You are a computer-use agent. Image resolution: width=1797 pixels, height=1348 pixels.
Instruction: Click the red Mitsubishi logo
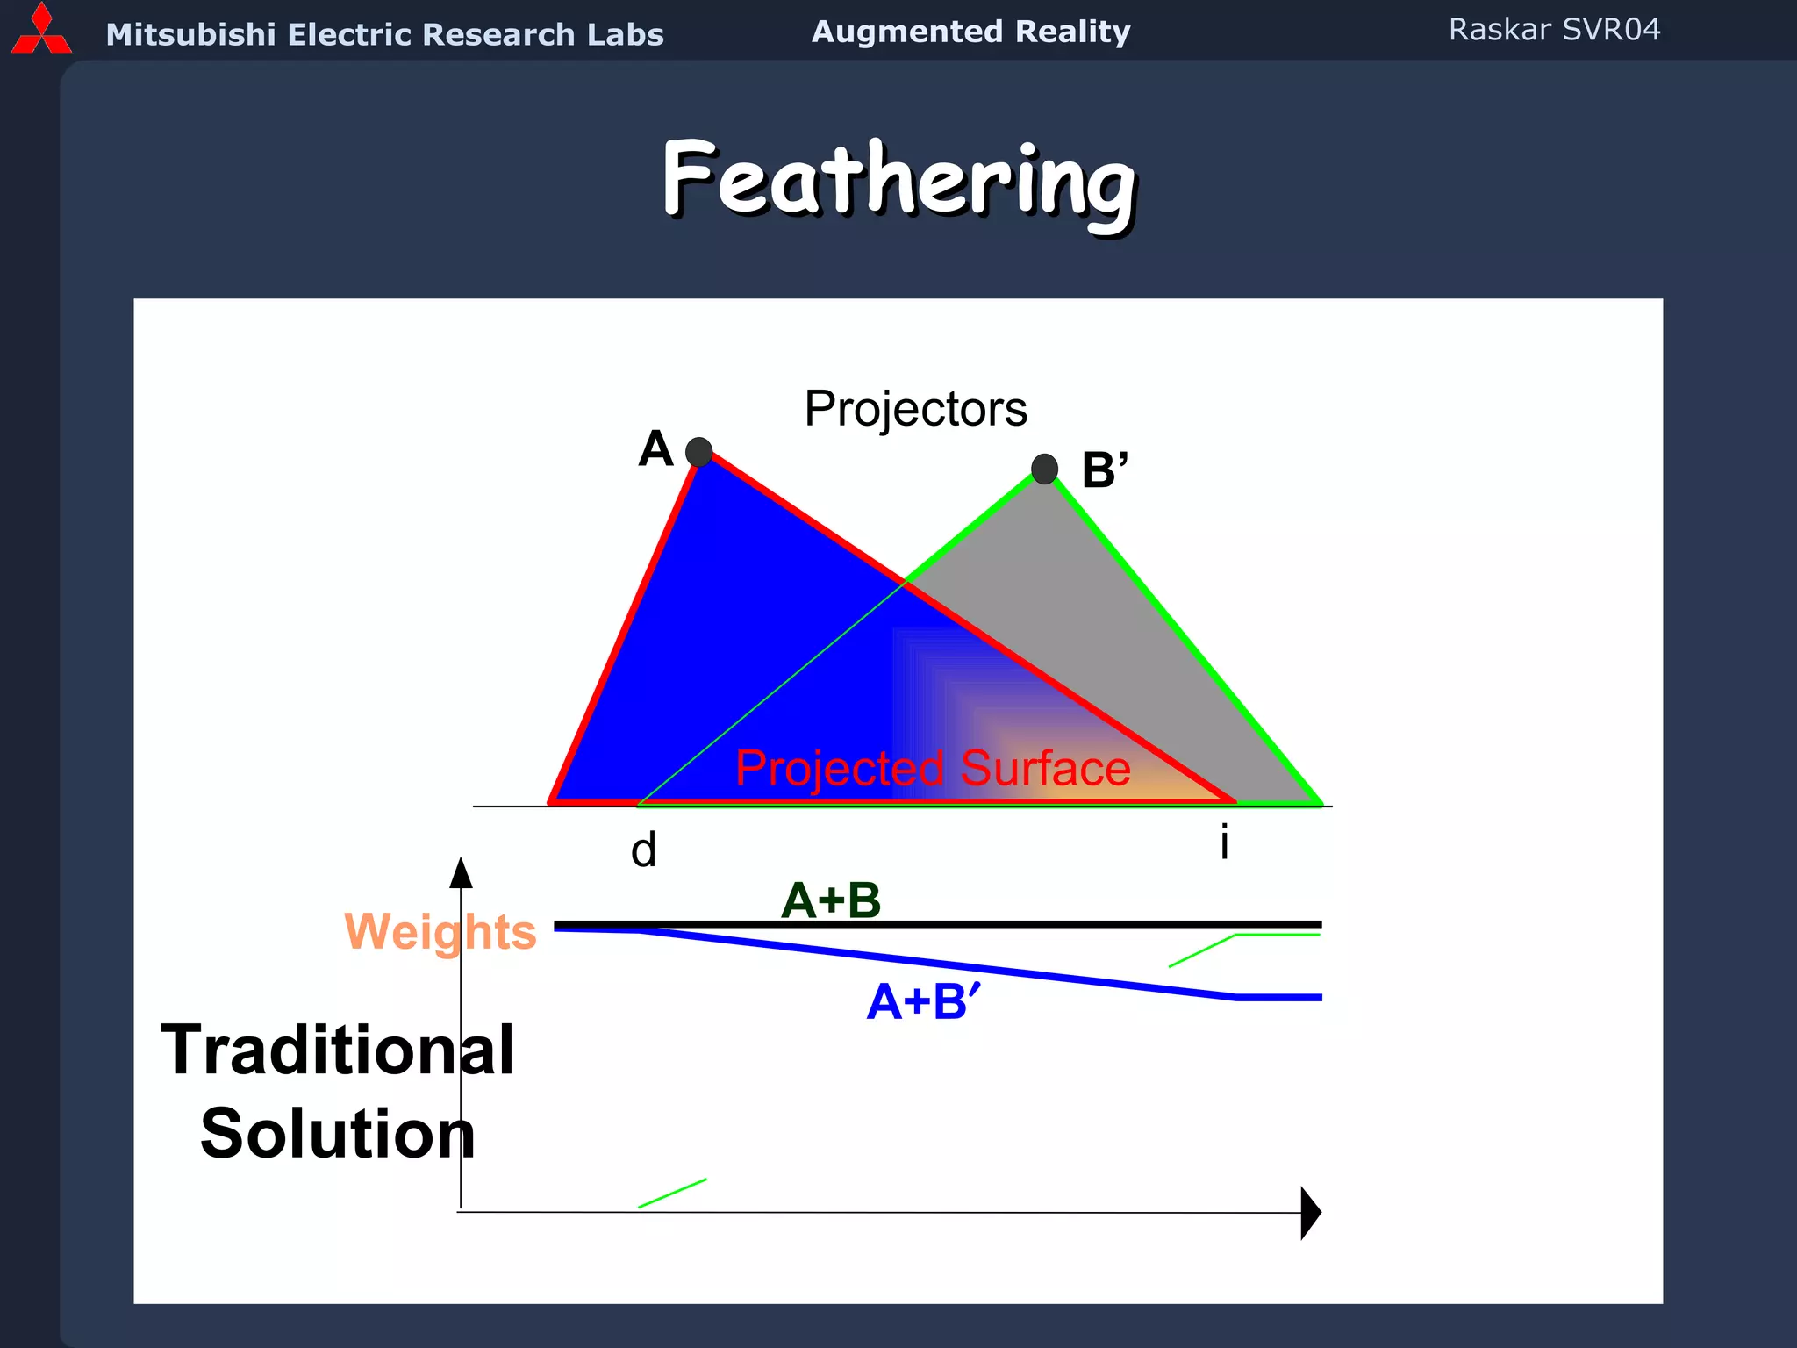[40, 30]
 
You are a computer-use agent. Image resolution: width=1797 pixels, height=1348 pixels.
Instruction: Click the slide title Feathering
[898, 183]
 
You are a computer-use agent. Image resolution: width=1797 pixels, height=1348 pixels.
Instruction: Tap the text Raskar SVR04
[1554, 30]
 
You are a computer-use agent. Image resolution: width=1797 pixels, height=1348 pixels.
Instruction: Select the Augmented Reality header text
[970, 32]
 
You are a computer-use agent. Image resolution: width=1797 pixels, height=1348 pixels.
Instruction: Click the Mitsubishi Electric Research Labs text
[384, 35]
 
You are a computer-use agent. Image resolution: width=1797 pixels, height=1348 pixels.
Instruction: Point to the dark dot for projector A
[698, 452]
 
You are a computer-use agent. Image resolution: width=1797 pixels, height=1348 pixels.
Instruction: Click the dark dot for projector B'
[1044, 469]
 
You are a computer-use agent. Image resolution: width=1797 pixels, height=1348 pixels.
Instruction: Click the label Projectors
[915, 409]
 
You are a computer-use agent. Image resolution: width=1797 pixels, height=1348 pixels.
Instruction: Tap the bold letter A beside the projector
[655, 449]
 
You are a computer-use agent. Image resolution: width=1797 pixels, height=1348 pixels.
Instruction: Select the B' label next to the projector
[1104, 470]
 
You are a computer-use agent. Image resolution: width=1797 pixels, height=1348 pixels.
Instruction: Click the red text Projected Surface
[933, 769]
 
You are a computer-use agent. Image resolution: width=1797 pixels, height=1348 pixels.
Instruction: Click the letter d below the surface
[643, 850]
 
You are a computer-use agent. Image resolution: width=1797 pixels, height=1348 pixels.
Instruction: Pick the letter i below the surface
[1224, 842]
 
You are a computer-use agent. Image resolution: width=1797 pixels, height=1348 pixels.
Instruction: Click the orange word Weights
[440, 932]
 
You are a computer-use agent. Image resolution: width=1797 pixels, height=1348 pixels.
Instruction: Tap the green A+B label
[830, 900]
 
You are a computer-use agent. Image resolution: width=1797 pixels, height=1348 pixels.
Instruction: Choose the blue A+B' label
[923, 1001]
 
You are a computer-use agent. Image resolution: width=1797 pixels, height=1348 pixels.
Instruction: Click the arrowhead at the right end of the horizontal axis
[1310, 1213]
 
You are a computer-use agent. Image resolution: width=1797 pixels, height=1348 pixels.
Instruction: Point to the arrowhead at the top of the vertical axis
[461, 873]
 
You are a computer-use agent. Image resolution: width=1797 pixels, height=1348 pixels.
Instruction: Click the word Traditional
[338, 1050]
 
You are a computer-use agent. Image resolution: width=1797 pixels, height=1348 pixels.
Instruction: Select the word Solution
[338, 1134]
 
